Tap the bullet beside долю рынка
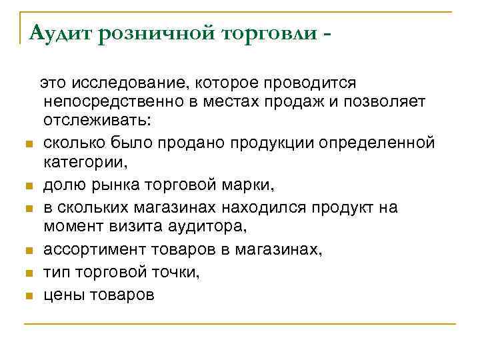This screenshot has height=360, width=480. pyautogui.click(x=28, y=187)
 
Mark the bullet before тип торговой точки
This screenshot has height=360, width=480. pyautogui.click(x=28, y=273)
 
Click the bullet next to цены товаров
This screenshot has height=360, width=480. pyautogui.click(x=28, y=295)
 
